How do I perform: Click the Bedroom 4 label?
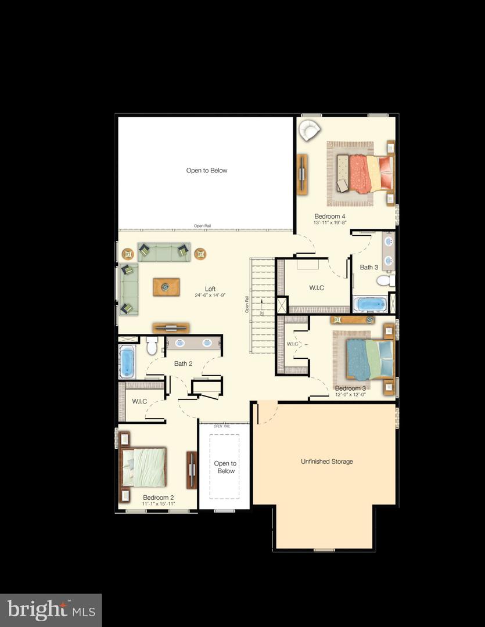tap(329, 216)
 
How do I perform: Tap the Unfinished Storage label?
tap(326, 462)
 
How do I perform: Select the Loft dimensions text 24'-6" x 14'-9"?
tap(210, 295)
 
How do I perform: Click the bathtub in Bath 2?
tap(127, 361)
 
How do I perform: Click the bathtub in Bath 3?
tap(369, 304)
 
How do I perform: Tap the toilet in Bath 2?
tap(152, 347)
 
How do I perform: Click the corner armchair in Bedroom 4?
tap(308, 129)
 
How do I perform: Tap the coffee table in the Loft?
tap(166, 286)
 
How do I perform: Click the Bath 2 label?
tap(183, 363)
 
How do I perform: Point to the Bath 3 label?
tap(369, 268)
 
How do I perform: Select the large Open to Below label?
tap(206, 171)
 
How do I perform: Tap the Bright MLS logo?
tap(51, 610)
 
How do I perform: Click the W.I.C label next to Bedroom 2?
tap(139, 401)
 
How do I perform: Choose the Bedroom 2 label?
tap(158, 498)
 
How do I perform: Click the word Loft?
tap(210, 289)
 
